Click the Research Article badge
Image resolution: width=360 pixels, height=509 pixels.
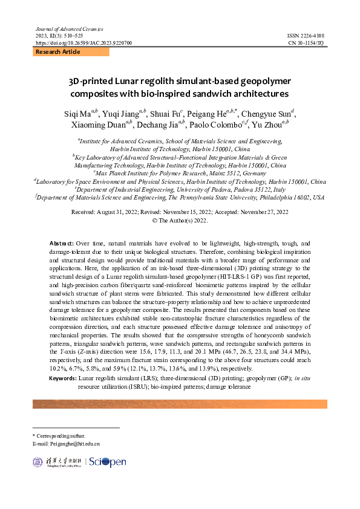click(58, 53)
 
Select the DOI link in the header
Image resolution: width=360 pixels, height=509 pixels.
click(83, 44)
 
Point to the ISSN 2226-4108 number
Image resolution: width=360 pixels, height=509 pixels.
click(306, 36)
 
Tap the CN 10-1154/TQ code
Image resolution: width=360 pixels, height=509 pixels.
click(306, 44)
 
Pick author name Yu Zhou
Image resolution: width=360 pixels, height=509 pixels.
click(267, 125)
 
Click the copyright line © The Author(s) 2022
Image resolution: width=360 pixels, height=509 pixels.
click(179, 221)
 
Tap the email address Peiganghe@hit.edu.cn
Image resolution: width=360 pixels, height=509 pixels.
click(75, 444)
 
